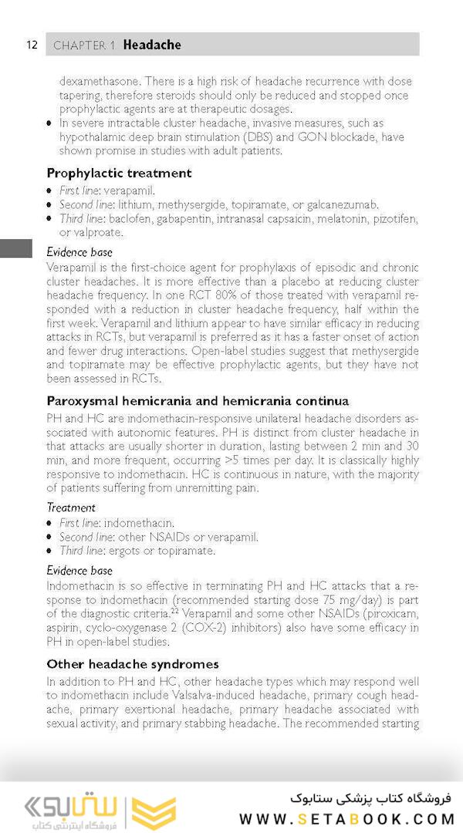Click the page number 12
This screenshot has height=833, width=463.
click(x=31, y=44)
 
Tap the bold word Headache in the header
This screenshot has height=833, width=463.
click(x=152, y=45)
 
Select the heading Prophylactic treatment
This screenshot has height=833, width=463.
click(x=119, y=173)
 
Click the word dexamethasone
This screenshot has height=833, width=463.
click(x=100, y=81)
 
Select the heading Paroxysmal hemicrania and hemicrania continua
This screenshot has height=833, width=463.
click(x=198, y=401)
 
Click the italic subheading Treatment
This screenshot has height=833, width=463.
click(x=71, y=508)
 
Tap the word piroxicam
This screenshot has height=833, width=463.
click(x=391, y=614)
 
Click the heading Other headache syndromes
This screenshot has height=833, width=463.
click(x=132, y=663)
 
